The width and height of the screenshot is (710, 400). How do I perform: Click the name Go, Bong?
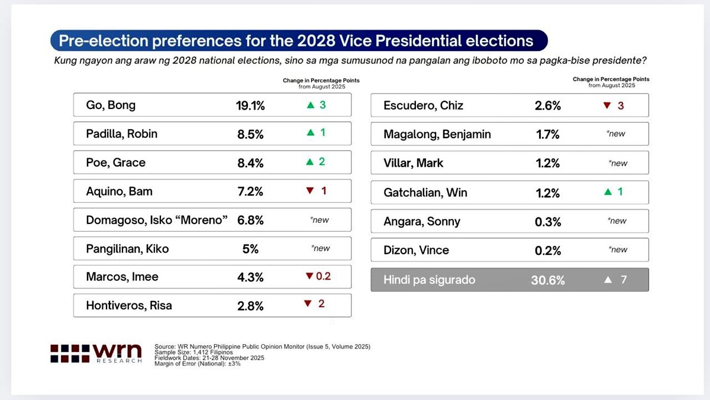pyautogui.click(x=111, y=105)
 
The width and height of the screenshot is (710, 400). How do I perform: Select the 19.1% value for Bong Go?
pyautogui.click(x=250, y=105)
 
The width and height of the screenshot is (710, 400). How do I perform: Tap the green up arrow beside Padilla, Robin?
pyautogui.click(x=310, y=133)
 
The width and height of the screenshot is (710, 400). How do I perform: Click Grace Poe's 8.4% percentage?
pyautogui.click(x=250, y=162)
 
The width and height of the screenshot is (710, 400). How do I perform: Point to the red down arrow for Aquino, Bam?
pyautogui.click(x=310, y=191)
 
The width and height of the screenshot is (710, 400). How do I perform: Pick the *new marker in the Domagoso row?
pyautogui.click(x=319, y=220)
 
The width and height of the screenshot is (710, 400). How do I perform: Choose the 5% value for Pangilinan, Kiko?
pyautogui.click(x=250, y=249)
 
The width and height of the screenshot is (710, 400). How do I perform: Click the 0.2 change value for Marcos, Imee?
pyautogui.click(x=323, y=276)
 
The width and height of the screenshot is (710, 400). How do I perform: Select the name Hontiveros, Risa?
pyautogui.click(x=129, y=306)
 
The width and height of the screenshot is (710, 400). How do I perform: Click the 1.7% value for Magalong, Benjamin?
pyautogui.click(x=547, y=134)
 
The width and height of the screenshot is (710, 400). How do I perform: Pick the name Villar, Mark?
pyautogui.click(x=413, y=163)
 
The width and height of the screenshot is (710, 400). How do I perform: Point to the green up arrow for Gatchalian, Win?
pyautogui.click(x=608, y=192)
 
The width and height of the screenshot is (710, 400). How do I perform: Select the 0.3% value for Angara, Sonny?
pyautogui.click(x=547, y=221)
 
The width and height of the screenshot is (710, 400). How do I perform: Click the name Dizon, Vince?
pyautogui.click(x=416, y=250)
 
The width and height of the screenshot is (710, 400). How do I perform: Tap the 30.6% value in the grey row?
pyautogui.click(x=547, y=280)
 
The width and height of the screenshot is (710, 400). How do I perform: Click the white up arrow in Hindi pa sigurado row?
pyautogui.click(x=608, y=280)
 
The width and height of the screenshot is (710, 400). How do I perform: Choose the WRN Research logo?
pyautogui.click(x=96, y=353)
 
